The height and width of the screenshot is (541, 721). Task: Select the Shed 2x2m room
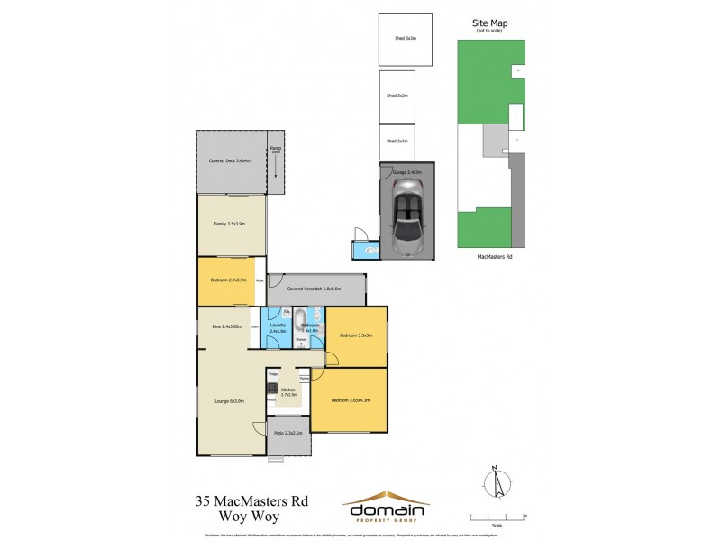397,142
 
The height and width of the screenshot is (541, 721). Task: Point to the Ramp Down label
276,151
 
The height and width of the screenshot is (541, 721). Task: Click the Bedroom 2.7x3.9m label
227,280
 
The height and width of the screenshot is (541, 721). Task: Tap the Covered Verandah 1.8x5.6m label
311,289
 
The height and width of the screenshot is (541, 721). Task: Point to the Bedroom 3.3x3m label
356,335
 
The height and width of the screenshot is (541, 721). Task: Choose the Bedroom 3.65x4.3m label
351,400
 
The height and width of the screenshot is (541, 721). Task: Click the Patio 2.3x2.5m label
287,434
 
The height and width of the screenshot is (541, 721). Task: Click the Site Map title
489,23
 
